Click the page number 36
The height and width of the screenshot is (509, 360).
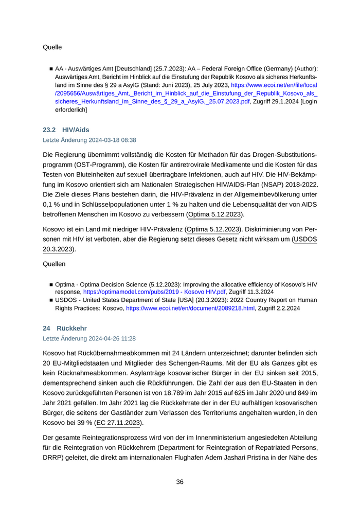point(180,482)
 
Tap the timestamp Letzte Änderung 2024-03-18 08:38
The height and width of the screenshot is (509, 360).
point(89,140)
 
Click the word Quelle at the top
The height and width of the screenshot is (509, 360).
point(52,47)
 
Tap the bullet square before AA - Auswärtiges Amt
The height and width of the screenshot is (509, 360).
point(51,68)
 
